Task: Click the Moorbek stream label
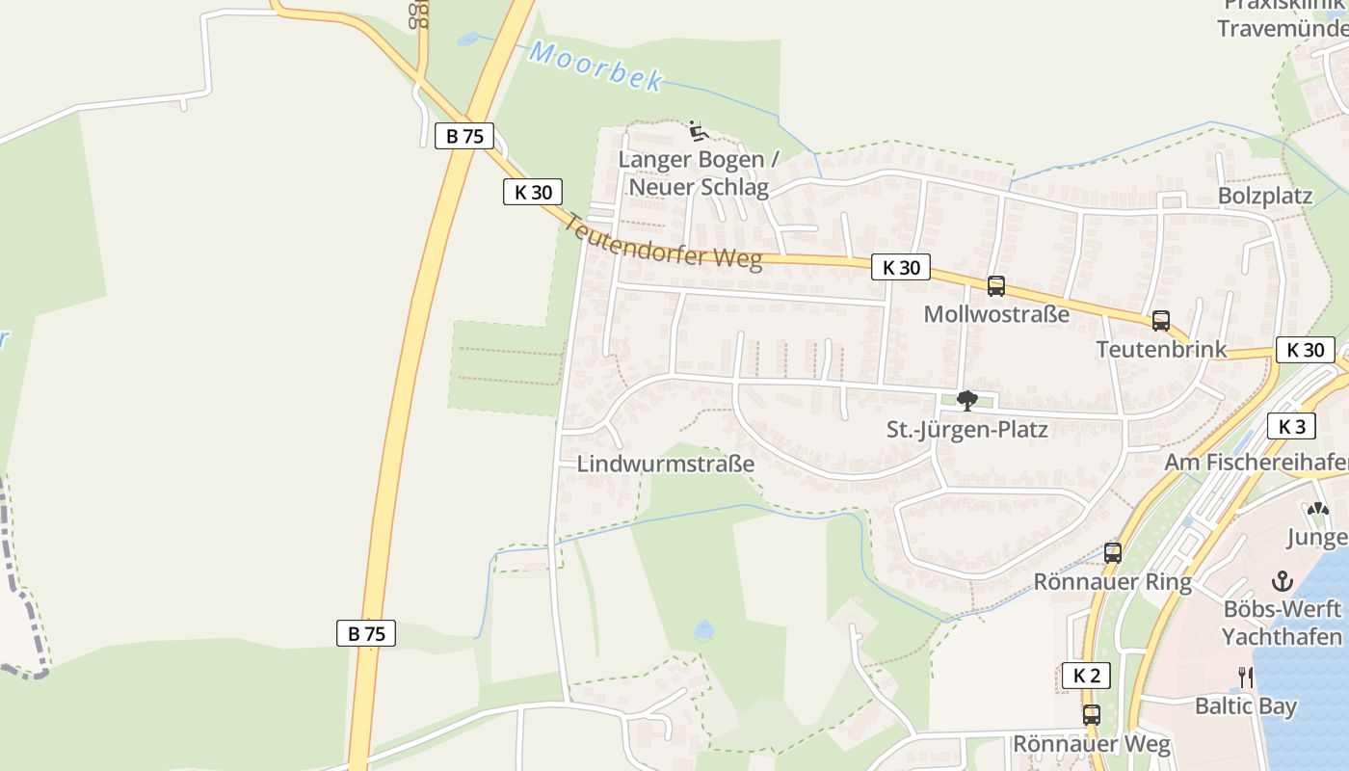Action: click(x=596, y=66)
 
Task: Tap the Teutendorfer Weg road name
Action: click(x=662, y=243)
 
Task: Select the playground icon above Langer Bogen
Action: click(x=699, y=131)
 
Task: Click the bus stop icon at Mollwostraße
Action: click(x=996, y=286)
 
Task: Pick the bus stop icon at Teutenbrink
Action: click(x=1161, y=321)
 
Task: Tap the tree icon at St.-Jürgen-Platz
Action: click(x=967, y=401)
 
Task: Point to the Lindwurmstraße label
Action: click(x=665, y=464)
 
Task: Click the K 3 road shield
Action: click(x=1291, y=426)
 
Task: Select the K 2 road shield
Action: click(x=1086, y=676)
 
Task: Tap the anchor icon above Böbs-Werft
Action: click(x=1282, y=581)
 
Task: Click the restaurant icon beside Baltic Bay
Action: click(x=1245, y=678)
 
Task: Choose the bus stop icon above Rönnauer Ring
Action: click(x=1113, y=553)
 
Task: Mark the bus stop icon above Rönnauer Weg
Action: click(x=1091, y=715)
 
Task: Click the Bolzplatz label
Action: click(x=1265, y=196)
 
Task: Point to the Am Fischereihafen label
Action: click(x=1256, y=464)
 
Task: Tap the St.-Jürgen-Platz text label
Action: click(x=967, y=430)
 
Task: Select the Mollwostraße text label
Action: click(x=996, y=314)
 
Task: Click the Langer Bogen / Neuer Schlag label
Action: click(x=699, y=173)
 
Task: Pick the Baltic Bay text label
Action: click(x=1246, y=706)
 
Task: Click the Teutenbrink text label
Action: click(x=1161, y=349)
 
